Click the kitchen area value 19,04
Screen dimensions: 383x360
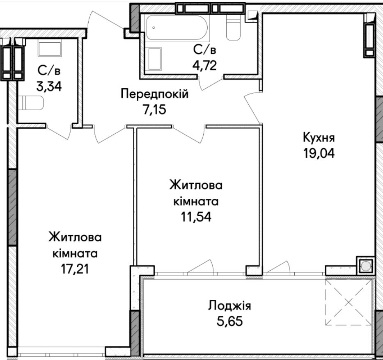(319, 153)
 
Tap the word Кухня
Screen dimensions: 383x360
(319, 138)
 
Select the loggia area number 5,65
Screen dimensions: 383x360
(229, 321)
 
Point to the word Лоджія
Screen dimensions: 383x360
(229, 305)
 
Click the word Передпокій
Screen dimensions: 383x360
(155, 94)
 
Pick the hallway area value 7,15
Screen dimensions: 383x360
(154, 109)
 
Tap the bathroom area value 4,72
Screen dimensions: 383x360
(205, 65)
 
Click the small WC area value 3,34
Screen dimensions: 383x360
(49, 86)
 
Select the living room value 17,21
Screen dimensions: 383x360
(75, 269)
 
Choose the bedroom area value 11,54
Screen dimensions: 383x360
(196, 216)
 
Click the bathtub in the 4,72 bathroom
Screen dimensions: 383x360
(177, 27)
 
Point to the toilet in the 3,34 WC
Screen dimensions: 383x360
(31, 103)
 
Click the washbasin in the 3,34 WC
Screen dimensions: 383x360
(50, 49)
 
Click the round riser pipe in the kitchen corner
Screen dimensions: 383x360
(365, 266)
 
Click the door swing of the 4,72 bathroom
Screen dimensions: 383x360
(211, 83)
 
